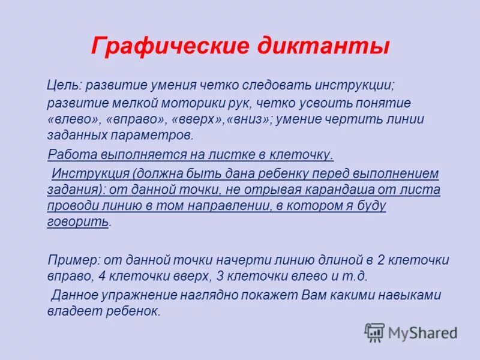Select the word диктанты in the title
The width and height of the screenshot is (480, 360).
pyautogui.click(x=325, y=47)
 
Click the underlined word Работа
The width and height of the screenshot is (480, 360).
pyautogui.click(x=68, y=155)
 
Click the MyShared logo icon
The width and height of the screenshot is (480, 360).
pyautogui.click(x=375, y=332)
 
